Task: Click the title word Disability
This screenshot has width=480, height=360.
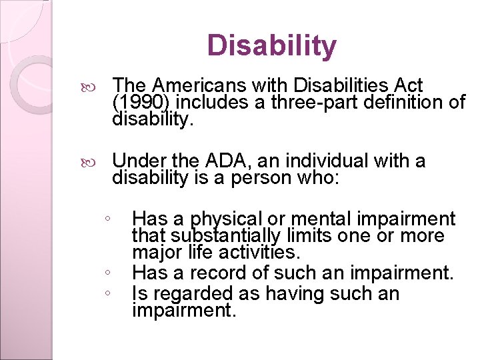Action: pos(271,46)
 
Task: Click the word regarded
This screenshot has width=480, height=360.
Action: pos(191,293)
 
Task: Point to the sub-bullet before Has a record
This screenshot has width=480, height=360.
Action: pos(107,273)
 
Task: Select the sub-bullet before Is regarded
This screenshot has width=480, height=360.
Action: pos(107,293)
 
